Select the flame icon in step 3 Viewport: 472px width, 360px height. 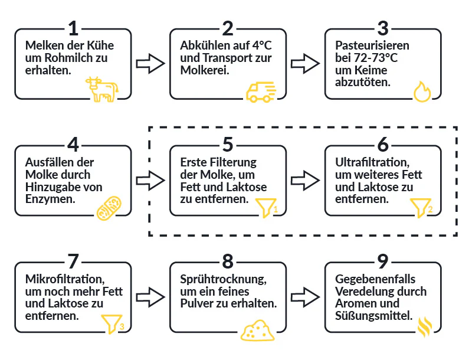click(422, 91)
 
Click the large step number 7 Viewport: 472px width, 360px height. click(72, 261)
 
